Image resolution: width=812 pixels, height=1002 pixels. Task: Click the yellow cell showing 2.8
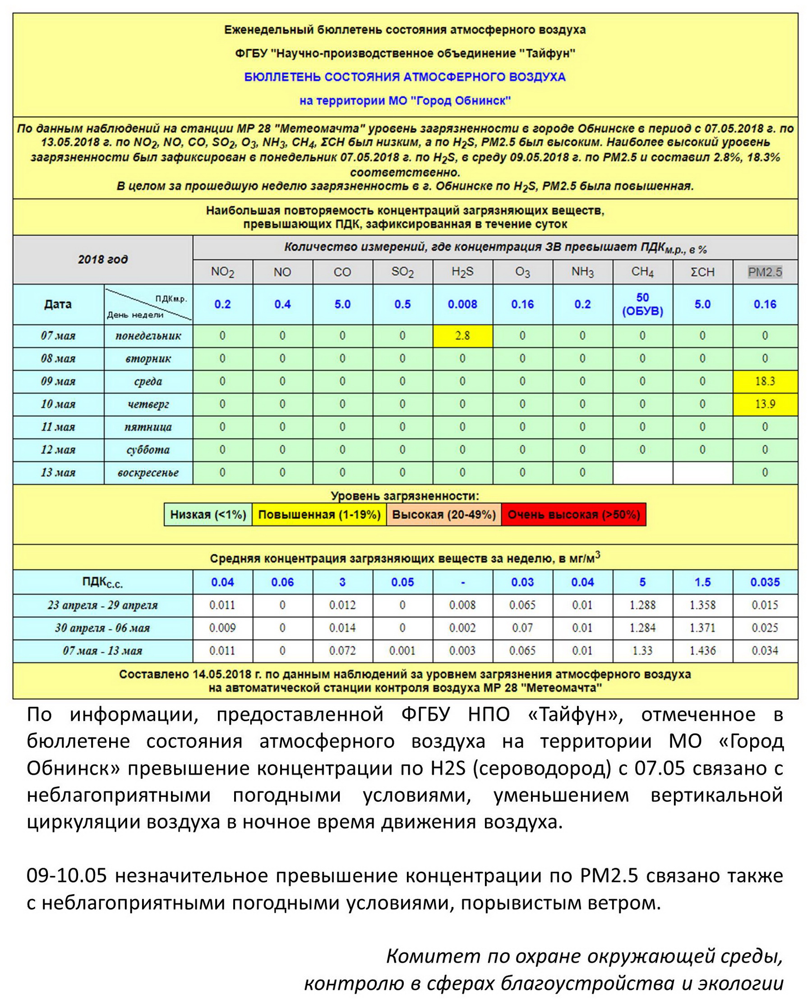click(x=462, y=335)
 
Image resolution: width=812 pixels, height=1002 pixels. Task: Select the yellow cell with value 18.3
click(x=765, y=381)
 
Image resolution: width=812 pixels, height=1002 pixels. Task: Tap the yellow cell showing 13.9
click(x=765, y=404)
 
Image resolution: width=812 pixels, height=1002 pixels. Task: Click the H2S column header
click(x=462, y=272)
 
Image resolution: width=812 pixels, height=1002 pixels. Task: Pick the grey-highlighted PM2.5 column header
click(x=765, y=272)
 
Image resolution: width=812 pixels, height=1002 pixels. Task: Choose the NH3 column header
click(x=582, y=272)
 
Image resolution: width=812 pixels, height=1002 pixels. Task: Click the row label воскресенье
click(x=148, y=472)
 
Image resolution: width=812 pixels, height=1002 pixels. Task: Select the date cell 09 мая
click(x=58, y=381)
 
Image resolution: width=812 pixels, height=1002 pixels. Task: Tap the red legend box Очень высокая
click(x=573, y=515)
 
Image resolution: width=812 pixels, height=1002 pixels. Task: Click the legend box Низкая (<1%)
click(x=208, y=515)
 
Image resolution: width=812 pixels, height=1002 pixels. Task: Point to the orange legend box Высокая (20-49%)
click(x=443, y=515)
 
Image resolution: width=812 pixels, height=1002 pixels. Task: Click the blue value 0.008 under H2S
click(x=462, y=304)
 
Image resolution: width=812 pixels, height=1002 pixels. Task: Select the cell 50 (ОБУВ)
click(x=642, y=304)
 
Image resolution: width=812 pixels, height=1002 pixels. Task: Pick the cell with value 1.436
click(x=702, y=650)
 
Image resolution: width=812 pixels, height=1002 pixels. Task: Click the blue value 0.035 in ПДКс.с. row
click(x=765, y=582)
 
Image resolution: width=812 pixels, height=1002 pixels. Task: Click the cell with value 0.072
click(x=342, y=650)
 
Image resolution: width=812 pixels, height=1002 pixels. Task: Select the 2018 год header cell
click(x=102, y=259)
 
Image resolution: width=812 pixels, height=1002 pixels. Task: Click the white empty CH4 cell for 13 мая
click(x=642, y=472)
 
